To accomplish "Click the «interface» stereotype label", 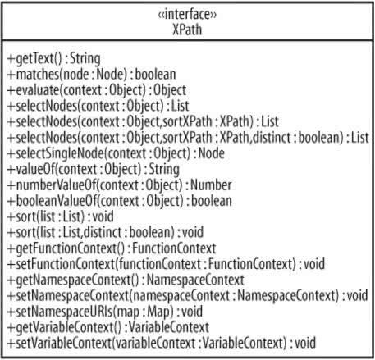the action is click(187, 15).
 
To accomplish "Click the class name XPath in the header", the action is click(187, 30).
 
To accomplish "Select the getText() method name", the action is click(39, 59).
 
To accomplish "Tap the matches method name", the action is click(38, 75).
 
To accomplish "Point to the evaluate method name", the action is click(38, 90).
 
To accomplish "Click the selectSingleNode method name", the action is click(60, 153).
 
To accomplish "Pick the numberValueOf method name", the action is click(56, 185).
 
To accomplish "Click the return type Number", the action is click(211, 185).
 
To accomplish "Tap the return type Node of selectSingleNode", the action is click(211, 153).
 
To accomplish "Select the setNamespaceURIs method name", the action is click(64, 312).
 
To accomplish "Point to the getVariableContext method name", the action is click(65, 328).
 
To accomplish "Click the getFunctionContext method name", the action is click(66, 248).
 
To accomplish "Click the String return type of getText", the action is click(85, 59).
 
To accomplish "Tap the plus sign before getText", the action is click(11, 58).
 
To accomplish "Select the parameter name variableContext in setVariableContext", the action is click(155, 344).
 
